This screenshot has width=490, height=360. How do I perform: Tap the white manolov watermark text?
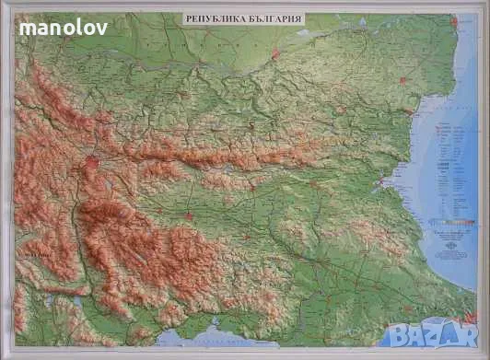64,28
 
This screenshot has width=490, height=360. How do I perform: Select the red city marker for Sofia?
93,165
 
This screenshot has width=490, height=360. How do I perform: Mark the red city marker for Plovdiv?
189,217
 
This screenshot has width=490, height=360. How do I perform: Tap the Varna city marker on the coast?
408,113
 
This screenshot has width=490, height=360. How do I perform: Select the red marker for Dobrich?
402,81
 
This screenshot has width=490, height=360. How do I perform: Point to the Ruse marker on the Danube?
275,54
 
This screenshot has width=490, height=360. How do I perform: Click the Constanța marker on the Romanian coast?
453,19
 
